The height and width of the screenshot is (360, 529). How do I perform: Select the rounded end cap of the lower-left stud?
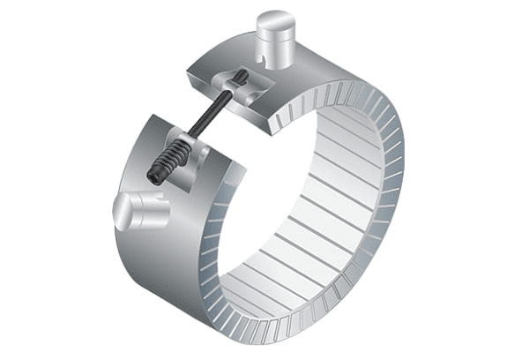coord(123,212)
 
